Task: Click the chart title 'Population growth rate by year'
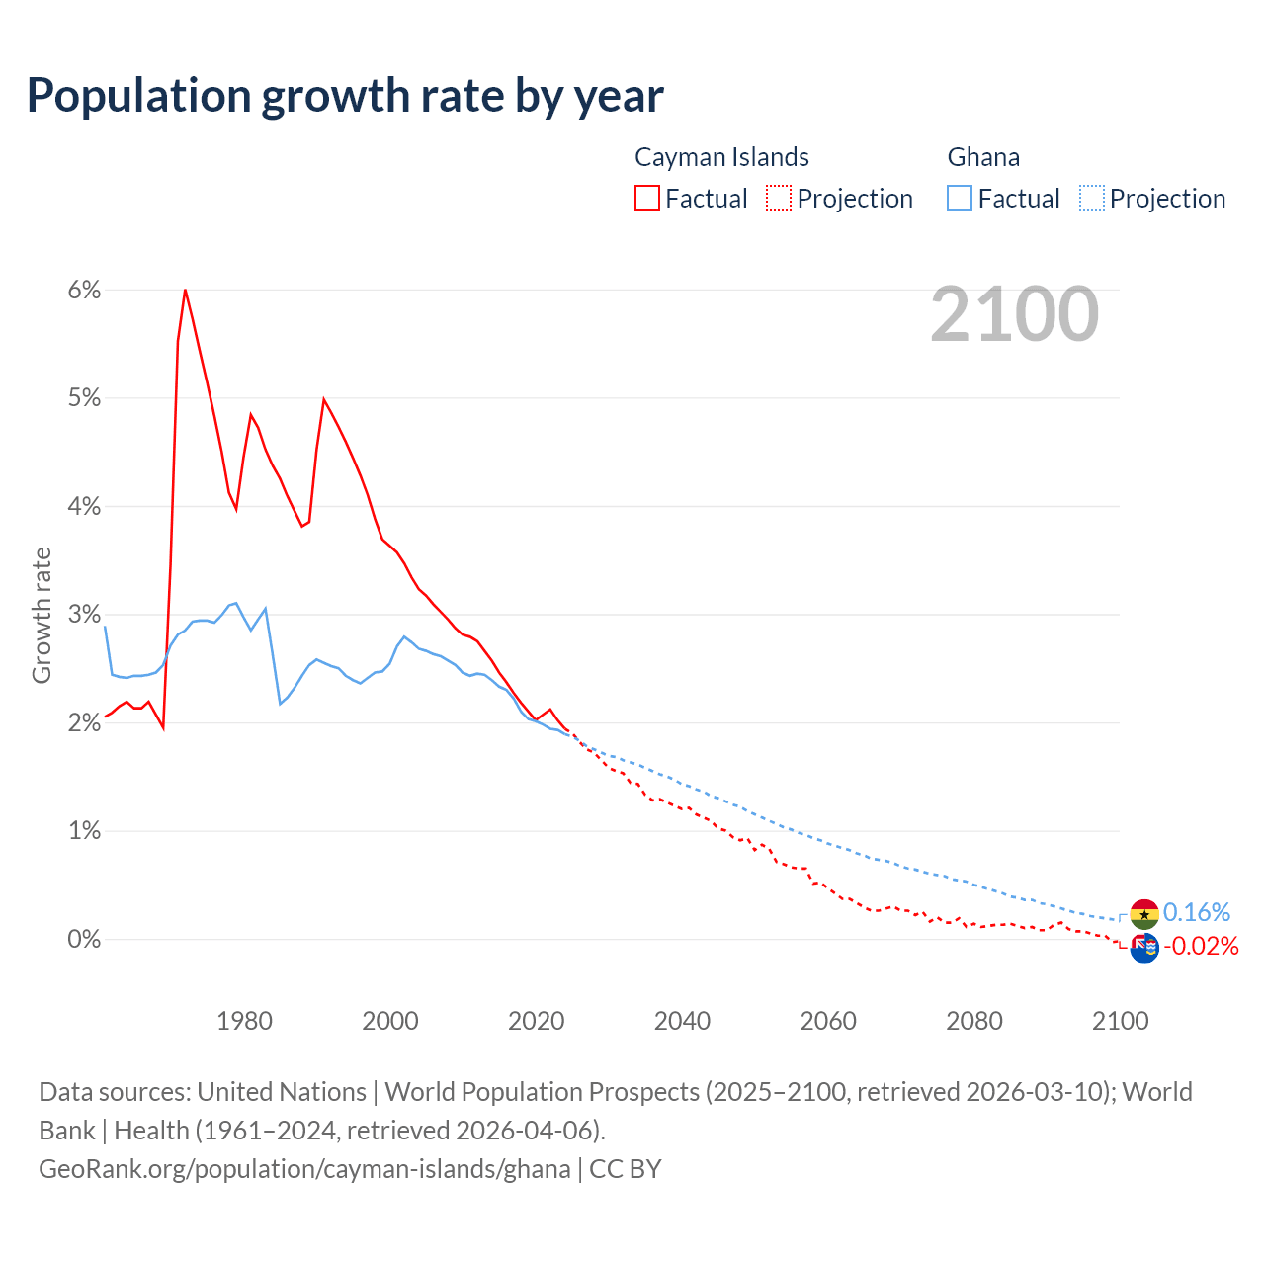click(345, 96)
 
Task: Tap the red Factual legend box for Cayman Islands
click(647, 198)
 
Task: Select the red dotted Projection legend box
click(779, 198)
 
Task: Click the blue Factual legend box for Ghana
click(960, 198)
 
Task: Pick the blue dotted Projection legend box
click(1092, 198)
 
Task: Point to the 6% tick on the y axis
click(84, 290)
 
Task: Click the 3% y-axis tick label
click(84, 615)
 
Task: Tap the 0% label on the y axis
click(84, 939)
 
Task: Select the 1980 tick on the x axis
click(244, 1021)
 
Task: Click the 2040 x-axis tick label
click(682, 1021)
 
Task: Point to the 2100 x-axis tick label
click(1120, 1021)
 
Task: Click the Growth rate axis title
click(42, 615)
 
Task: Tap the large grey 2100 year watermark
click(1014, 314)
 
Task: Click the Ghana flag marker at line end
click(1144, 914)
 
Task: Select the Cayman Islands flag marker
click(1144, 948)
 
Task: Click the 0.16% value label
click(1197, 912)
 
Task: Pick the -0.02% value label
click(1201, 947)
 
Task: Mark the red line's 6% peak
click(185, 290)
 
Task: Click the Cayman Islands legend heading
click(721, 157)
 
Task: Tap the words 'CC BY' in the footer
click(626, 1169)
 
